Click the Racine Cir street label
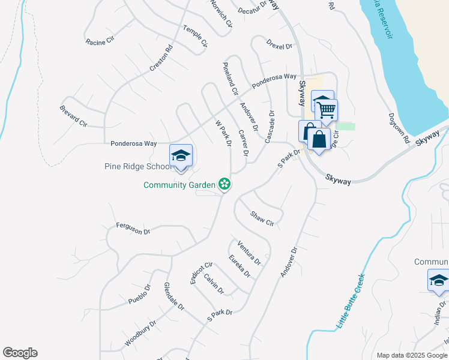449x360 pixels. (100, 42)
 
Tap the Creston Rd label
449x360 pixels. (161, 58)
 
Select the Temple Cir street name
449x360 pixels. (195, 36)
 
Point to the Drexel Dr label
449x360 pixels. (279, 46)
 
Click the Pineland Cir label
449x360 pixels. (231, 79)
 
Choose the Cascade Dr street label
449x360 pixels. (268, 125)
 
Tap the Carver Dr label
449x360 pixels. (243, 143)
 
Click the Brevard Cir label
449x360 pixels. (74, 115)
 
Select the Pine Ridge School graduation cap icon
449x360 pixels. (181, 155)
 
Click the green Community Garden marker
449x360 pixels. (224, 184)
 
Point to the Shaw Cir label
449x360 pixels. (262, 218)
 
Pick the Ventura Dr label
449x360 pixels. (249, 252)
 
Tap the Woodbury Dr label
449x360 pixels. (140, 333)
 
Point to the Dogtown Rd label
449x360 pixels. (399, 128)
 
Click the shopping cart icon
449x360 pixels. (326, 110)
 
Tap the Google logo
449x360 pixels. (20, 353)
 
